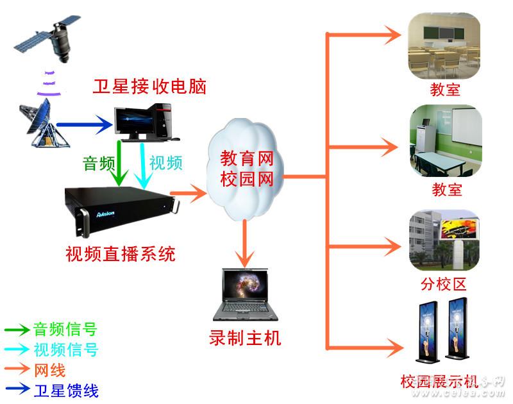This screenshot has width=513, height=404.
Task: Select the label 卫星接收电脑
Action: coord(149,87)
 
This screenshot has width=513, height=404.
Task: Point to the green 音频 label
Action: coord(99,163)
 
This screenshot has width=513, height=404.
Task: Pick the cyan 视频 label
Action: coord(165,163)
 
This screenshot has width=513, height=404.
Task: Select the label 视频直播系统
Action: coord(120,254)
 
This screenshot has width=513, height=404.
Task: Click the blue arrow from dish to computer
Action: coord(83,124)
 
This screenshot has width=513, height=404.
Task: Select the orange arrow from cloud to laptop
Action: coord(244,244)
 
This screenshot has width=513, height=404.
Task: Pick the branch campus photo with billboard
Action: coord(444,240)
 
